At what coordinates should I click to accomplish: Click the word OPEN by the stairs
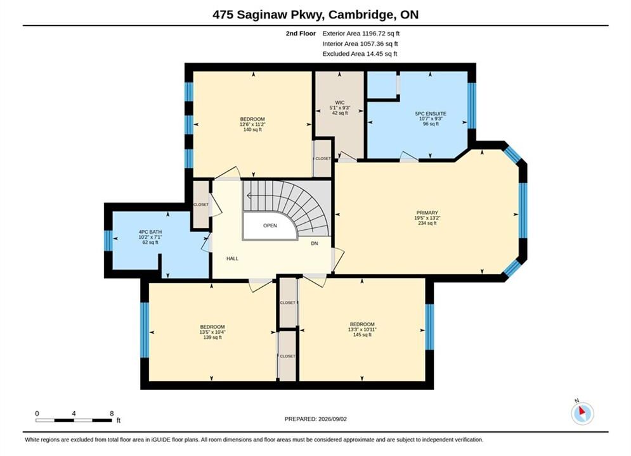coord(270,226)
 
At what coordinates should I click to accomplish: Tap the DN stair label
coord(315,243)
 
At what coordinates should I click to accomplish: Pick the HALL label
coord(232,259)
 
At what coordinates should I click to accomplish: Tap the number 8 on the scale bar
coord(112,413)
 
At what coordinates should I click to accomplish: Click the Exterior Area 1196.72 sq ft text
coord(361,34)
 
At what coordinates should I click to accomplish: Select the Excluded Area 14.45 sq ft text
coord(360,54)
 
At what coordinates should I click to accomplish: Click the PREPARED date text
coord(316,419)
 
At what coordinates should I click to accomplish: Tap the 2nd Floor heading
coord(301,34)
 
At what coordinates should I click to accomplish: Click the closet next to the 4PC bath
coord(201,205)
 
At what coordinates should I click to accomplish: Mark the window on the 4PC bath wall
coord(108,241)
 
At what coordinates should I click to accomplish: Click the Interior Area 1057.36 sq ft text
coord(360,44)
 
